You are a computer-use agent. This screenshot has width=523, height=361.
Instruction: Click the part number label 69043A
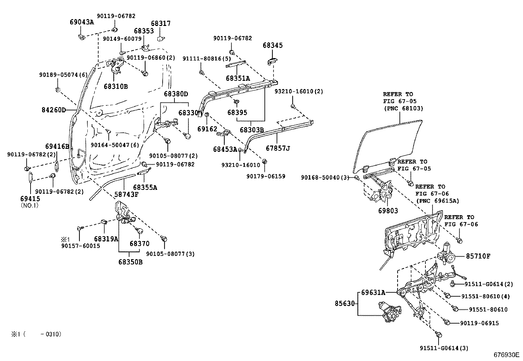click(82, 22)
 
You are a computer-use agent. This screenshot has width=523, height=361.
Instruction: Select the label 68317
click(161, 24)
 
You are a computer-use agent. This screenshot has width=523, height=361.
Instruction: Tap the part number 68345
click(272, 45)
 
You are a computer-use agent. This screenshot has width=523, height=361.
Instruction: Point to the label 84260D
click(54, 109)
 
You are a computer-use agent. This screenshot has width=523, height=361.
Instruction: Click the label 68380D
click(176, 94)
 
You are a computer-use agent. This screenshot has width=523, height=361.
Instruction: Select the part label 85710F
click(478, 256)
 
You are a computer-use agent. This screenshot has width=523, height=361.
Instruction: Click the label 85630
click(345, 304)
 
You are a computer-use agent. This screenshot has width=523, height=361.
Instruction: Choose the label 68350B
click(130, 262)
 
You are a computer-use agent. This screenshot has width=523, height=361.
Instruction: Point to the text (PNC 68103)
click(403, 108)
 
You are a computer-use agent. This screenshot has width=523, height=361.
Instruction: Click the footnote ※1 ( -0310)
click(36, 334)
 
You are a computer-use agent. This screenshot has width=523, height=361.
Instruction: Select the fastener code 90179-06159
click(266, 176)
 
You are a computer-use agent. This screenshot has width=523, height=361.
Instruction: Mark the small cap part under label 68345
click(272, 61)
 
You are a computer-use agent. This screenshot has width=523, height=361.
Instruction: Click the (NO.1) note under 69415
click(30, 206)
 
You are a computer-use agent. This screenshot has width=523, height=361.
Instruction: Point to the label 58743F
click(126, 194)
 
